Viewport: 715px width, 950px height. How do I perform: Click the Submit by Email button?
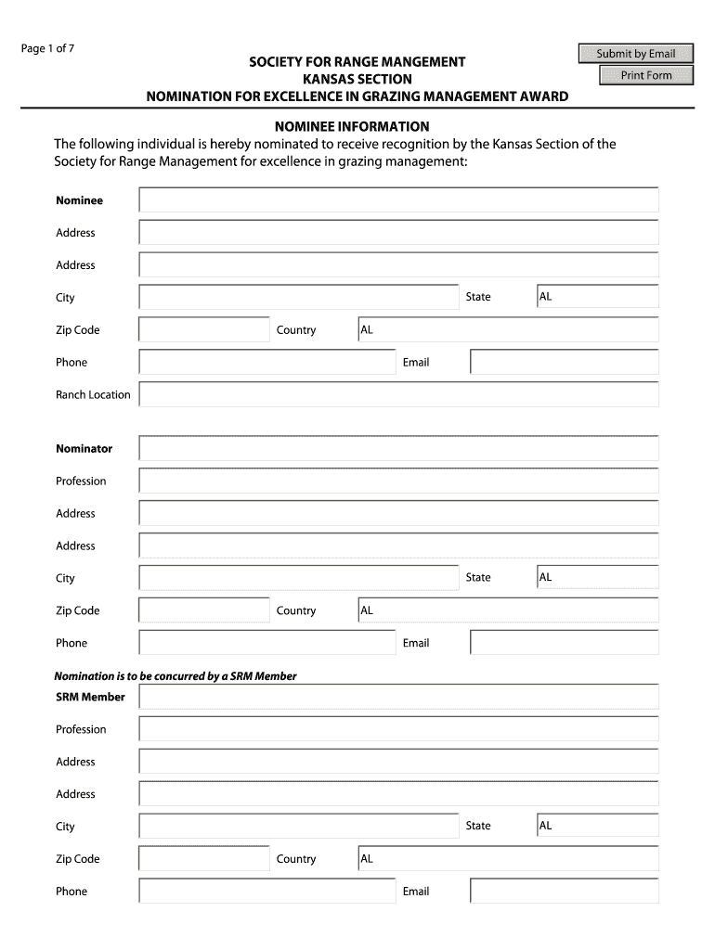point(636,54)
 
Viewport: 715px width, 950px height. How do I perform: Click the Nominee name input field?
point(398,200)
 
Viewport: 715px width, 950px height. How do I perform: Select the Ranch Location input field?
point(398,395)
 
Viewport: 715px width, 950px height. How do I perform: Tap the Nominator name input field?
point(398,449)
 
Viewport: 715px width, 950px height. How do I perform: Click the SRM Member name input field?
point(398,698)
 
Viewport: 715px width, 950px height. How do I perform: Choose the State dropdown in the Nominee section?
point(597,297)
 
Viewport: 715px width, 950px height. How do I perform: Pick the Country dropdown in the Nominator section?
point(508,610)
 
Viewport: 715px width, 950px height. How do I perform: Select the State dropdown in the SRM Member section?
point(597,826)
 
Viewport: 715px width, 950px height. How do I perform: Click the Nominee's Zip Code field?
point(204,330)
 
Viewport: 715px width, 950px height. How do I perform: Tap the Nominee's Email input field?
point(564,363)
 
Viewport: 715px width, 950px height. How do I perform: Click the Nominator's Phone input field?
point(266,643)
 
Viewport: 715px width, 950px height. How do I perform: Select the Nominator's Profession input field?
point(398,481)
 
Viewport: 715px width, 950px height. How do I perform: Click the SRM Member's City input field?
point(298,826)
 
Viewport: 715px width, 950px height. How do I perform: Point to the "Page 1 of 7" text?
point(48,49)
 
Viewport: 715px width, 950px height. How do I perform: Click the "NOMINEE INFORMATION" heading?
point(350,126)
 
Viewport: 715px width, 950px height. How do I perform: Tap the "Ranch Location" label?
point(93,395)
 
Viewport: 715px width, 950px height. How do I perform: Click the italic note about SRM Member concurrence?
point(175,676)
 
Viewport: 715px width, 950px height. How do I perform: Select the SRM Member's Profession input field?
point(398,730)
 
